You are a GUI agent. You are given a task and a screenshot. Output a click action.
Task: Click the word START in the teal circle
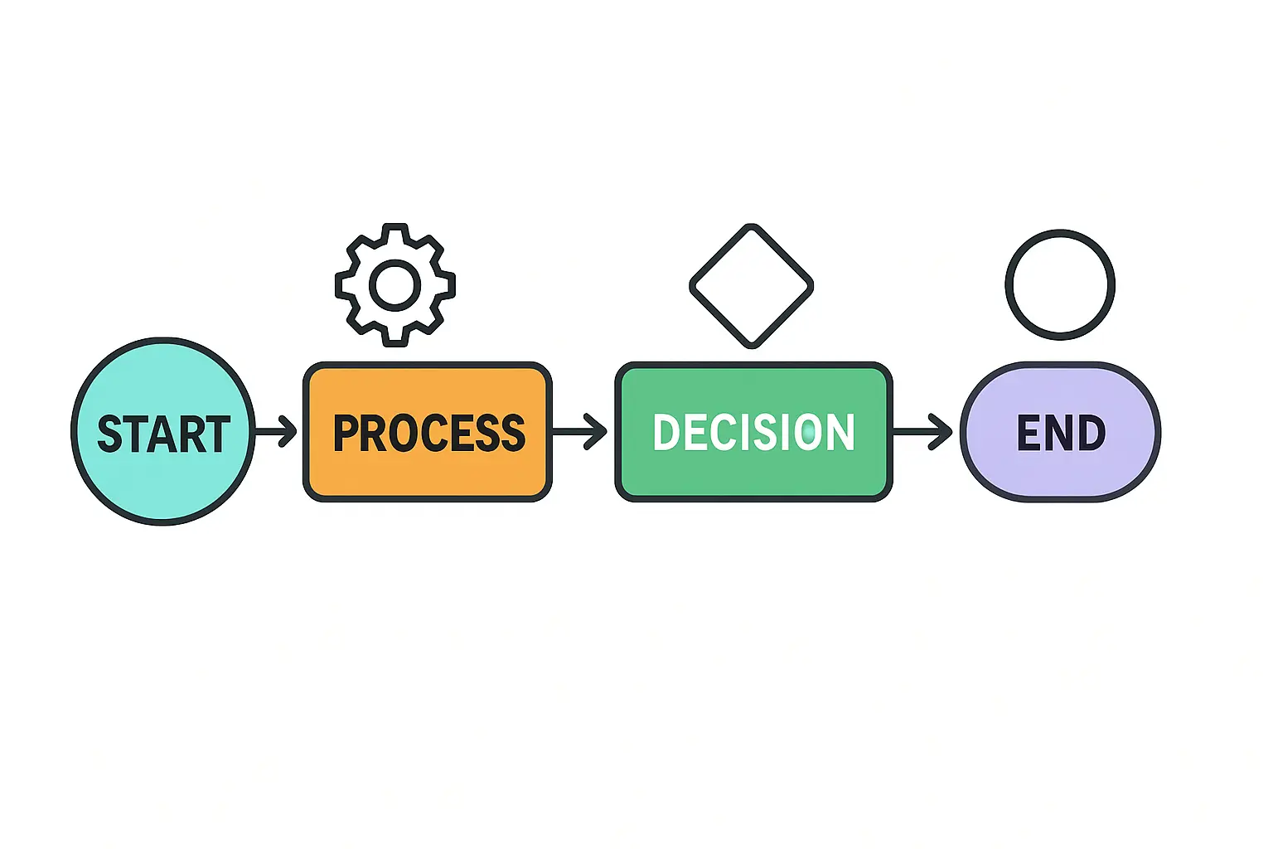[163, 434]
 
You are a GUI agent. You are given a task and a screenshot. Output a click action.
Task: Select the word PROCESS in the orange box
[428, 433]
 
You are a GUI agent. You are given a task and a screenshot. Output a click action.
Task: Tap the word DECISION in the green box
[753, 432]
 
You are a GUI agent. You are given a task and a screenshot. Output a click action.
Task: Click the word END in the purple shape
[1061, 433]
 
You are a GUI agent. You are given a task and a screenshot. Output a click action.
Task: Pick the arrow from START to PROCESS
[275, 431]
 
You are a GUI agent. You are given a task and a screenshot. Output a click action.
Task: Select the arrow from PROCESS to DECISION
[579, 431]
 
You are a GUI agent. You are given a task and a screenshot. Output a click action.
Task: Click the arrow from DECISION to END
[922, 431]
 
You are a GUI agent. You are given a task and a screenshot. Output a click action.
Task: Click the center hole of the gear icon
[394, 285]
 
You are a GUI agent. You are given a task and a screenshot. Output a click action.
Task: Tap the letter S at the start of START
[110, 434]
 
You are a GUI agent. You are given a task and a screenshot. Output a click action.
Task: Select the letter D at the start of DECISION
[666, 432]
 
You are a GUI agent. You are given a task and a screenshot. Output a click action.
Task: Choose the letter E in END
[1029, 433]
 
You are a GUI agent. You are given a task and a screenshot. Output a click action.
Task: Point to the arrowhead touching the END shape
[942, 431]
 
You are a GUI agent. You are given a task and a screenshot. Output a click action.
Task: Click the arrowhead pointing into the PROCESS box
[288, 431]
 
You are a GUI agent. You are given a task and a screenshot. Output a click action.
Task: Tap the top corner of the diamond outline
[751, 227]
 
